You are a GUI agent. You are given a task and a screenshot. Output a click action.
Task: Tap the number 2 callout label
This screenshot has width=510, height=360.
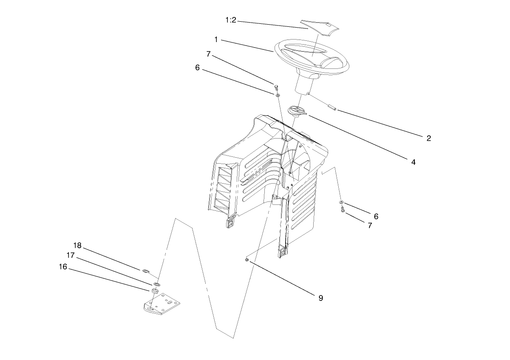tap(429, 138)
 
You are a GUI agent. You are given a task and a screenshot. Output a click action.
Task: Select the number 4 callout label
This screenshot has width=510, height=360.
tap(413, 162)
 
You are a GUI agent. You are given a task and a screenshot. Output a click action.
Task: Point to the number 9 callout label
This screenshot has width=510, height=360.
tap(320, 298)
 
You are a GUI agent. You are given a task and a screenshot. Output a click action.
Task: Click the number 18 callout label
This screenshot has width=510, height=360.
tap(77, 246)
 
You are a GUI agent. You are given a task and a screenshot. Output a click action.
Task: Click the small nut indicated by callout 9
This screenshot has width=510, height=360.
tap(247, 259)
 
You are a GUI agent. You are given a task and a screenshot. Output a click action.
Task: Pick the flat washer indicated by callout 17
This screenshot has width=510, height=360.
tap(156, 283)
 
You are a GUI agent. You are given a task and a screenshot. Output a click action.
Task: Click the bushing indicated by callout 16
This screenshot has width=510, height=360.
tap(154, 292)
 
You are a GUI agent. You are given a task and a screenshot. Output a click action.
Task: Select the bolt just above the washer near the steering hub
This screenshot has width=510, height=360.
tap(275, 88)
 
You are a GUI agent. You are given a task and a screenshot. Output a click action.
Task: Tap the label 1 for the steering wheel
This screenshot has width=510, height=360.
tap(216, 40)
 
